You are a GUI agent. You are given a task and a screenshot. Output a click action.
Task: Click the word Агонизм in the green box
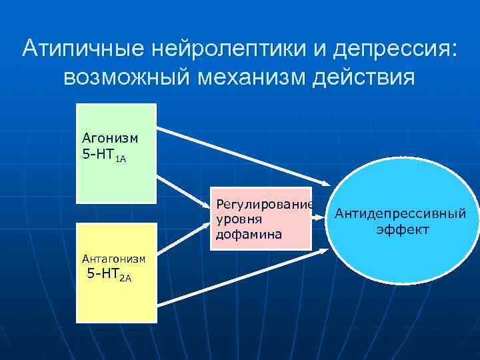tap(109, 138)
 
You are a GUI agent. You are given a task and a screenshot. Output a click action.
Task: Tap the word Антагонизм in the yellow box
tap(110, 258)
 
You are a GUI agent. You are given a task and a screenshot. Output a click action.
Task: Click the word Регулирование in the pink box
tap(264, 204)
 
